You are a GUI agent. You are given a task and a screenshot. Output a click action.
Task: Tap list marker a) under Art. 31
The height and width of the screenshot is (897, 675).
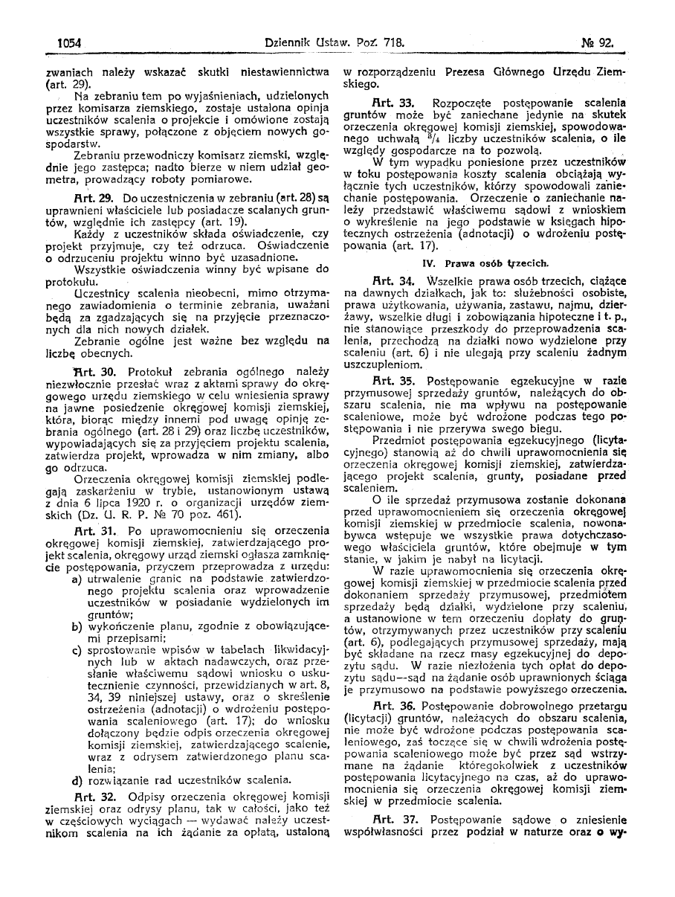tap(77, 578)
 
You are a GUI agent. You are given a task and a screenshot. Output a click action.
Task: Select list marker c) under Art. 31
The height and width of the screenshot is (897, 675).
tap(77, 651)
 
